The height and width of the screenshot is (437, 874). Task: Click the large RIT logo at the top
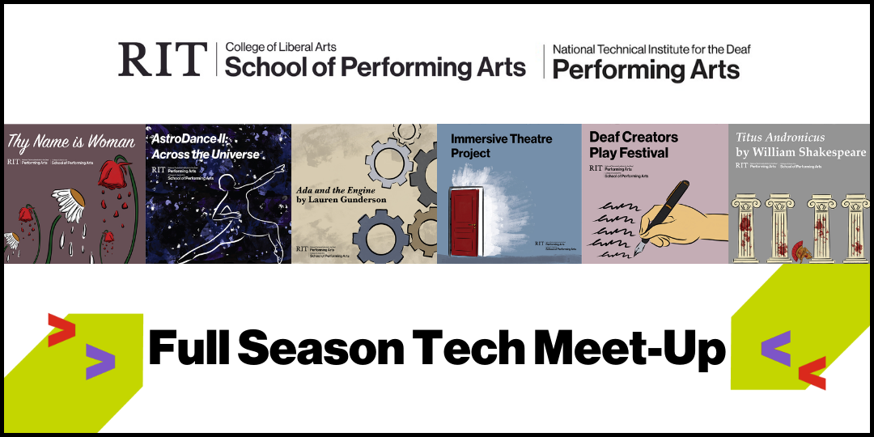coord(162,60)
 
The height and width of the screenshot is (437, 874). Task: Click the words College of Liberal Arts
coord(281,47)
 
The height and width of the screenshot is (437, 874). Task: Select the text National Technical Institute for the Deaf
coord(651,49)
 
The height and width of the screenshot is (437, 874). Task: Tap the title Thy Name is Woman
coord(71,142)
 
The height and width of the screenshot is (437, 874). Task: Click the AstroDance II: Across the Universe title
coord(206,146)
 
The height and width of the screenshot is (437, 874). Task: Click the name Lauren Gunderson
coord(350,199)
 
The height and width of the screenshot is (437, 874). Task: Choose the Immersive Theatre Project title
coord(502,146)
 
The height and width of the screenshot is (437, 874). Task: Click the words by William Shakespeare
coord(800,152)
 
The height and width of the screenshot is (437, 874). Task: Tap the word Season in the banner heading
coord(316,349)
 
